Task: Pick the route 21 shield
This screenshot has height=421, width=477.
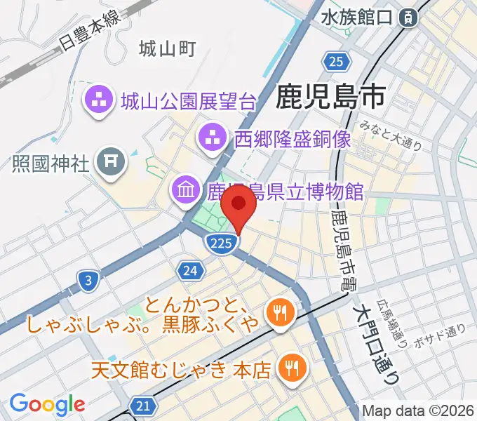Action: (142, 406)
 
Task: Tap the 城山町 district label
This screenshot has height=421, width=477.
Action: (166, 48)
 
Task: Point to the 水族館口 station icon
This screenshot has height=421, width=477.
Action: (408, 19)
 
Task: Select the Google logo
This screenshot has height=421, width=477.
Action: (48, 404)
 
